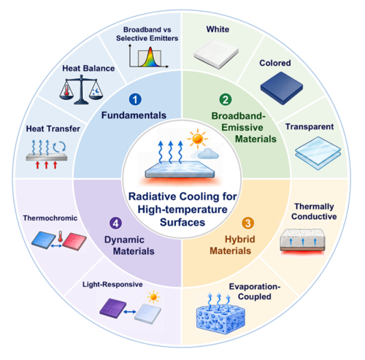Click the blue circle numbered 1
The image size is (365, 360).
pyautogui.click(x=135, y=99)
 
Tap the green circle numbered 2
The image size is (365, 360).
pyautogui.click(x=226, y=99)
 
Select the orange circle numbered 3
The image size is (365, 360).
pyautogui.click(x=247, y=223)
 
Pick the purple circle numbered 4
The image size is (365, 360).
pyautogui.click(x=115, y=223)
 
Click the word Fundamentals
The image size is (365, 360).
pyautogui.click(x=134, y=115)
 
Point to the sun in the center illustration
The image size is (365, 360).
pyautogui.click(x=197, y=139)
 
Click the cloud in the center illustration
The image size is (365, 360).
pyautogui.click(x=206, y=153)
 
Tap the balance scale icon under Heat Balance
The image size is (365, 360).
pyautogui.click(x=81, y=89)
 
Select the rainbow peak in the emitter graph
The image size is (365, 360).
pyautogui.click(x=150, y=58)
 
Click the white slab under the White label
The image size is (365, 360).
pyautogui.click(x=216, y=53)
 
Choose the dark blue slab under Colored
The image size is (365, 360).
pyautogui.click(x=282, y=88)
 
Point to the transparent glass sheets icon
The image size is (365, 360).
pyautogui.click(x=318, y=153)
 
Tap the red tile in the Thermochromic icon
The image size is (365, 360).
pyautogui.click(x=74, y=242)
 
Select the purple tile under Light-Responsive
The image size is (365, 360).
pyautogui.click(x=113, y=308)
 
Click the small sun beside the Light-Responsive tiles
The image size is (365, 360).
pyautogui.click(x=153, y=297)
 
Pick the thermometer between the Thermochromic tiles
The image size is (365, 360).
pyautogui.click(x=60, y=236)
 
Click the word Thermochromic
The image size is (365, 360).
pyautogui.click(x=50, y=218)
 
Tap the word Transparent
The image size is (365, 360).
pyautogui.click(x=310, y=126)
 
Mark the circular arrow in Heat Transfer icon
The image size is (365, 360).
pyautogui.click(x=59, y=147)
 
